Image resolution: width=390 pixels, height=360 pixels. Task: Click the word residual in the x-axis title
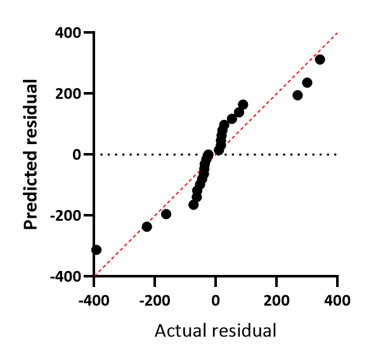click(245, 331)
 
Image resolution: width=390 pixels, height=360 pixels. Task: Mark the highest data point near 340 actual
click(320, 60)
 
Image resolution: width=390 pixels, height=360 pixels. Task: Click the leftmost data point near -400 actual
click(96, 250)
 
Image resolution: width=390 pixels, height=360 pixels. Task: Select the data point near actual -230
click(146, 227)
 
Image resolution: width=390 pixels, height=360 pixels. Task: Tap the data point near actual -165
click(166, 214)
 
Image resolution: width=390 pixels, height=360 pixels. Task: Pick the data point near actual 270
click(297, 95)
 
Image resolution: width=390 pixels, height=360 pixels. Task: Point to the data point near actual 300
click(307, 83)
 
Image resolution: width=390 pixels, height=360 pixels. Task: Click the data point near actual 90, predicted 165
click(243, 104)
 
